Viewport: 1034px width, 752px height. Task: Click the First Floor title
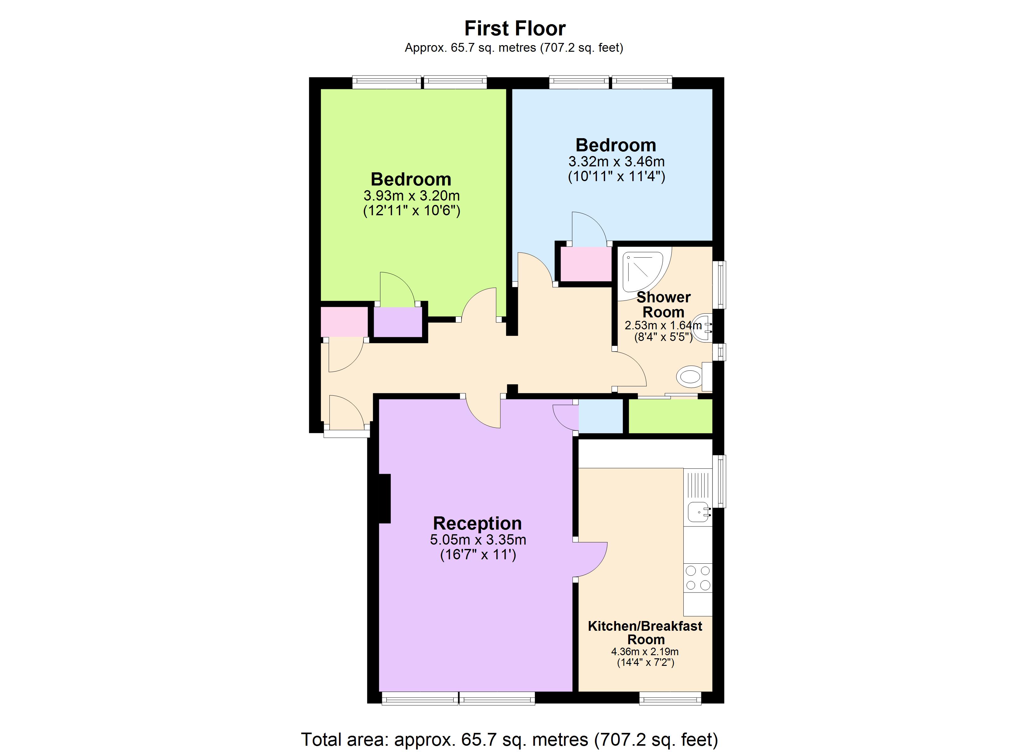coord(515,28)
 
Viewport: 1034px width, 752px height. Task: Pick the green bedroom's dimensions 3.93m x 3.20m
coord(411,196)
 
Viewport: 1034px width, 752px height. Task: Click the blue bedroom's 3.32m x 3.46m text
coord(616,161)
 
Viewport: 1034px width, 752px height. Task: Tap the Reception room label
coord(477,523)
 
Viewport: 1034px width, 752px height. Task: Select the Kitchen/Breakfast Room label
coord(645,633)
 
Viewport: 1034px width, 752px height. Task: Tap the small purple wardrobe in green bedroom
coord(398,322)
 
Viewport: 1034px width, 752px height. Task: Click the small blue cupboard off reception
coord(600,416)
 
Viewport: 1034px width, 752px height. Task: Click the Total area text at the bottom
coord(509,739)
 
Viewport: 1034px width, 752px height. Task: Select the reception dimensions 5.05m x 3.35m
coord(478,540)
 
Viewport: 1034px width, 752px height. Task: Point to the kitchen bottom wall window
coord(670,698)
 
